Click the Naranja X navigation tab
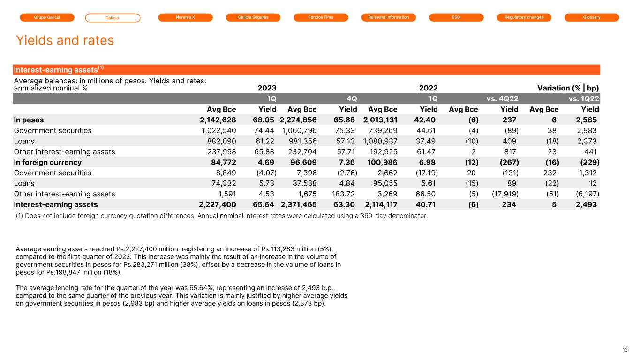185,17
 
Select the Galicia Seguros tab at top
253,17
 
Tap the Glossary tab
592,17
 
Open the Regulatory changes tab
524,17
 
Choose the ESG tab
456,17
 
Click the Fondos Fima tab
321,17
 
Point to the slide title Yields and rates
65,40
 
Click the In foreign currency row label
48,162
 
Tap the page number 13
625,350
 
